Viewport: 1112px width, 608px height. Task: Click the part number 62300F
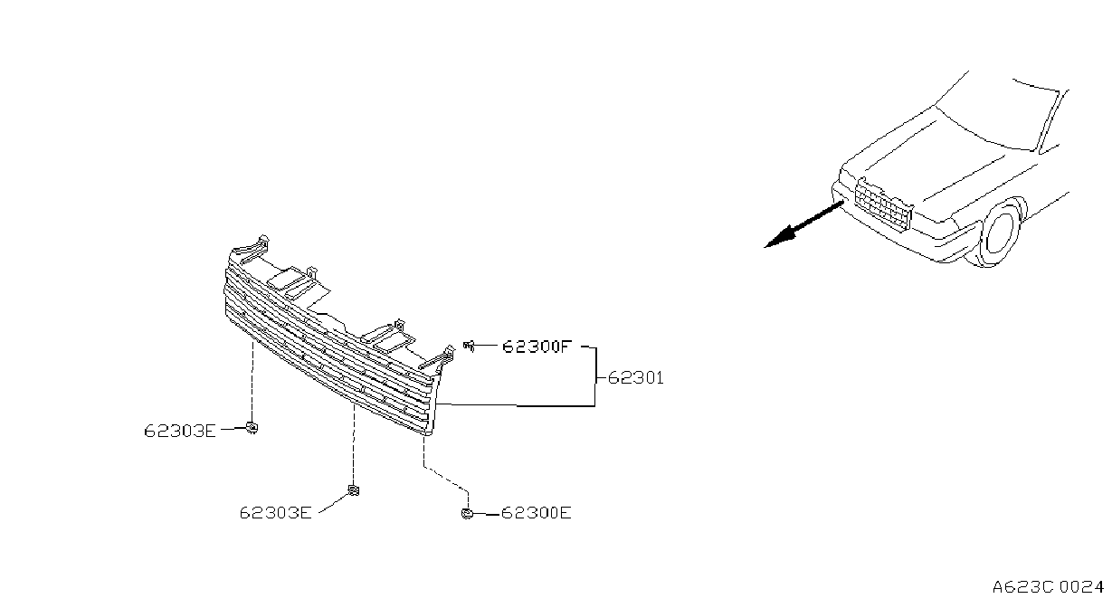click(x=537, y=346)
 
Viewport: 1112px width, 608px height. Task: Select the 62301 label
click(x=635, y=378)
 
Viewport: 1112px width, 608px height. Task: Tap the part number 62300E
click(x=537, y=513)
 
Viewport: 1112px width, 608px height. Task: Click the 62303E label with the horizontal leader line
click(x=180, y=431)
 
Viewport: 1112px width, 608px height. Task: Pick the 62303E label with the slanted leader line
click(x=275, y=513)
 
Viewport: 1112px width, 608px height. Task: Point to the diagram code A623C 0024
click(x=1048, y=587)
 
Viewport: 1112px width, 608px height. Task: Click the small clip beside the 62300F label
click(x=469, y=346)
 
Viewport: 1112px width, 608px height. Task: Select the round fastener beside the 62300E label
click(x=467, y=514)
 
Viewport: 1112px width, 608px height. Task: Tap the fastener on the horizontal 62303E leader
click(x=252, y=427)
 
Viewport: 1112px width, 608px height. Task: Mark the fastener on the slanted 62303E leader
click(x=353, y=490)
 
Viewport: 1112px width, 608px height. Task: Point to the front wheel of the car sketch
click(x=1001, y=233)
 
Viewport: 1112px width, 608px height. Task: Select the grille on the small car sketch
click(x=884, y=204)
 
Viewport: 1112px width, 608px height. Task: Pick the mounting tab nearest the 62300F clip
click(x=438, y=357)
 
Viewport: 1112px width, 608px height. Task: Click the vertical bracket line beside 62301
click(x=595, y=377)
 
